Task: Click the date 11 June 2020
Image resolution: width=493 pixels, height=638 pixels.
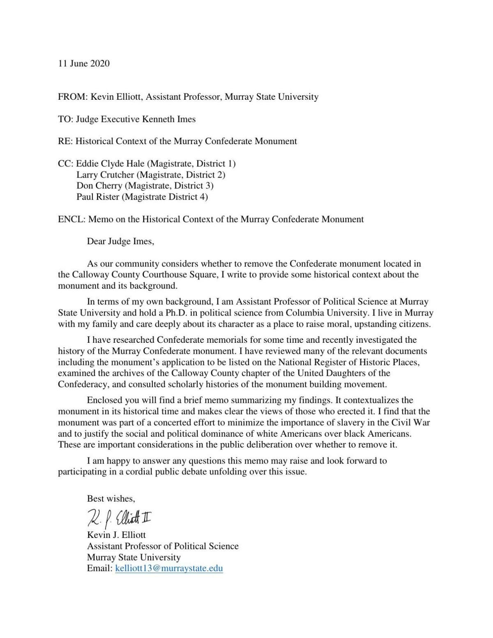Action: (x=84, y=64)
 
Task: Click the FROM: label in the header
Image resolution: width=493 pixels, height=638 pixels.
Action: (x=73, y=97)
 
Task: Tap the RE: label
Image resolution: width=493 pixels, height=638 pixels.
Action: (x=65, y=141)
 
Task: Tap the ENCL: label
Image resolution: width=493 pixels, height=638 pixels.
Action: (x=71, y=219)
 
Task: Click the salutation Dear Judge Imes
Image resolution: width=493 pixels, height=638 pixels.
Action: (x=120, y=241)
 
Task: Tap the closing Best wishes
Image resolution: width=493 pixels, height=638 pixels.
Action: (x=111, y=498)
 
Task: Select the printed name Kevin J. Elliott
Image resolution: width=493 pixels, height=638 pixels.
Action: (x=116, y=535)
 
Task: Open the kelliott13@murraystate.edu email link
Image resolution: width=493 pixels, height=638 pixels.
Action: (x=169, y=569)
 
